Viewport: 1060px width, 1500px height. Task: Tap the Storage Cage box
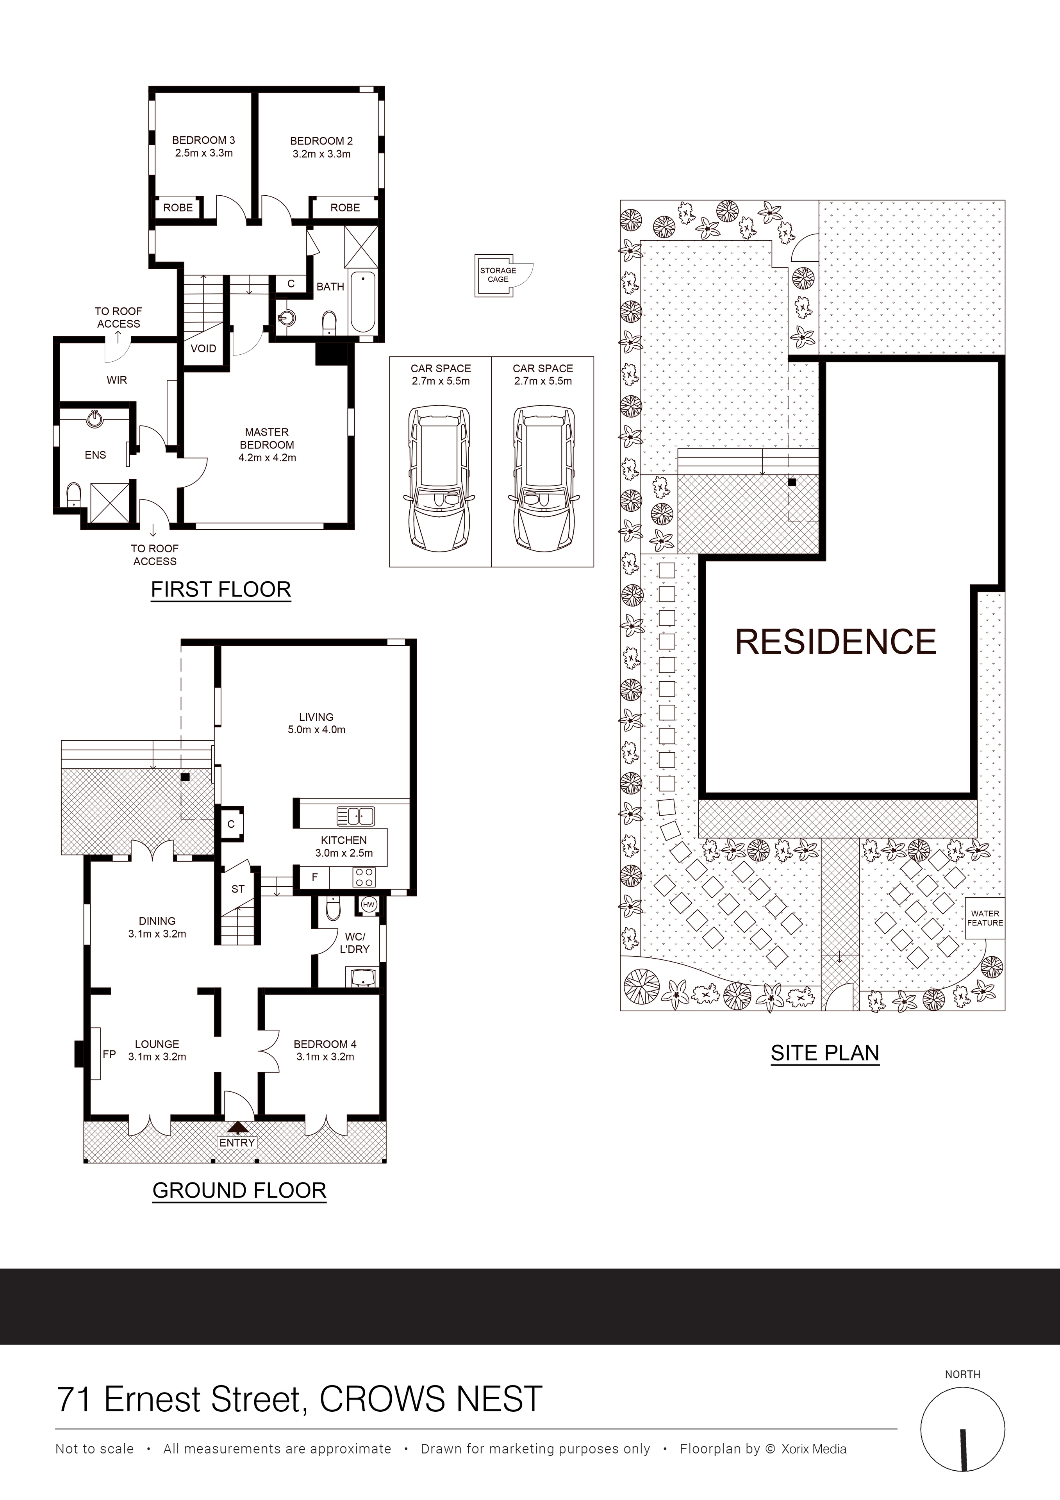point(498,275)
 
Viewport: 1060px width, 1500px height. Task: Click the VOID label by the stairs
point(203,348)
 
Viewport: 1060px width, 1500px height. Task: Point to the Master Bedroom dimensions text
point(267,457)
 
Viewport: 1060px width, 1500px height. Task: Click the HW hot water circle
point(368,905)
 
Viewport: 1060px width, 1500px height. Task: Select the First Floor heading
point(221,589)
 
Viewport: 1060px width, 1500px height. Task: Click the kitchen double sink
point(356,816)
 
